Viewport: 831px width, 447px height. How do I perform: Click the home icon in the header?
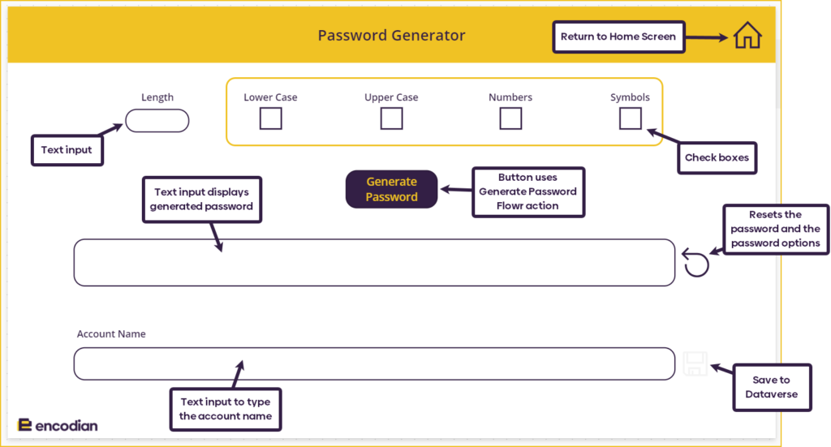[747, 37]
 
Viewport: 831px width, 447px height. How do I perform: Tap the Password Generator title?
[391, 36]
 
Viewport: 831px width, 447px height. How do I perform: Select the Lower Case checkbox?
[270, 119]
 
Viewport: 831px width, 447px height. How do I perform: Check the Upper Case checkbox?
[391, 119]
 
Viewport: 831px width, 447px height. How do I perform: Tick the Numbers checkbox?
[510, 119]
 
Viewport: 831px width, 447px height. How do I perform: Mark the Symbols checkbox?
[630, 119]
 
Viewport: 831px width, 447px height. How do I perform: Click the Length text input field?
[157, 121]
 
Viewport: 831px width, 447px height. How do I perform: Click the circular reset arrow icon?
[695, 264]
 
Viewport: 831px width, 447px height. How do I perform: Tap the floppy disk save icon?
[695, 363]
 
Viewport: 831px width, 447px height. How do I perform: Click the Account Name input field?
[374, 363]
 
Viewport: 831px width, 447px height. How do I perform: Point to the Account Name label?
[111, 333]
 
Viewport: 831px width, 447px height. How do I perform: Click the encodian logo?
[58, 425]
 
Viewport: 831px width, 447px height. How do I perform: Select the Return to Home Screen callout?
[618, 37]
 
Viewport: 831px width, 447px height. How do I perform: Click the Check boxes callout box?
[717, 157]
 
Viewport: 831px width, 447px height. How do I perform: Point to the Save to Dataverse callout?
[771, 387]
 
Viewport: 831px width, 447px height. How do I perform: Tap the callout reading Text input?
[67, 150]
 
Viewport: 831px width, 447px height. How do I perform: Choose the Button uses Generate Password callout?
[527, 191]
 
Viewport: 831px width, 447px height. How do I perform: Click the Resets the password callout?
[775, 229]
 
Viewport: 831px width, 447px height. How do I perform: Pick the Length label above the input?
[157, 97]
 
